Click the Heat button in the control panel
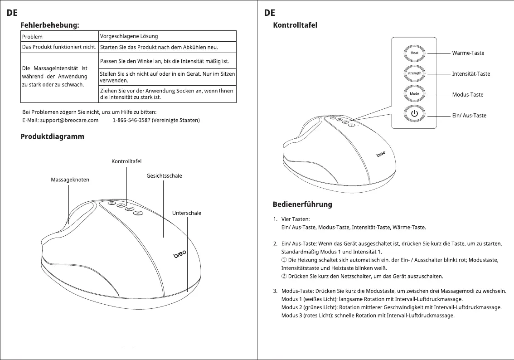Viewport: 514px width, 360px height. [414, 53]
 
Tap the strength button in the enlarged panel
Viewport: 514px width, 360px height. [414, 73]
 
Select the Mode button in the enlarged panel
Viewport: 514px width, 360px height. [414, 93]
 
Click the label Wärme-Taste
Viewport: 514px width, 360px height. [468, 53]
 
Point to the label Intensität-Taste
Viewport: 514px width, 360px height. [471, 74]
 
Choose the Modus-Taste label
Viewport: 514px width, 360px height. [468, 95]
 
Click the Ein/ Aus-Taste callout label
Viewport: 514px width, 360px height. [469, 116]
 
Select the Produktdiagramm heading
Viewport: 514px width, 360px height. [52, 136]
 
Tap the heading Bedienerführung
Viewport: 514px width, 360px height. [302, 204]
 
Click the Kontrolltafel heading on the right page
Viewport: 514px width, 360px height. [295, 25]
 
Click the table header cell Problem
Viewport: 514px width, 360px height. [32, 37]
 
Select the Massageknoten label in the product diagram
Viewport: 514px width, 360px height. [70, 180]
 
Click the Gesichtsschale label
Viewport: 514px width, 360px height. [164, 176]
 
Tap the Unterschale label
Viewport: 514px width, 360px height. [186, 213]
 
